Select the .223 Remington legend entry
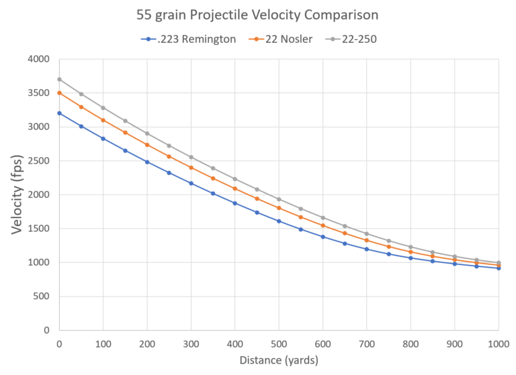click(189, 39)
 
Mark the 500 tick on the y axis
click(43, 297)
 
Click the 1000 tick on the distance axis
click(498, 343)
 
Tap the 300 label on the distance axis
click(191, 343)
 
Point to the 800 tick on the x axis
click(411, 343)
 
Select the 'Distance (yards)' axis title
click(279, 360)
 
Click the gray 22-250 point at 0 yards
click(59, 79)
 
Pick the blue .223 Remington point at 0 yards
click(59, 113)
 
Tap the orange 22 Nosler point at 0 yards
click(59, 93)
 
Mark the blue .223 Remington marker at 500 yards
click(279, 221)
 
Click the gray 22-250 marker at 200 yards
click(147, 133)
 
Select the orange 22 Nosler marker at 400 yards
click(234, 189)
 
